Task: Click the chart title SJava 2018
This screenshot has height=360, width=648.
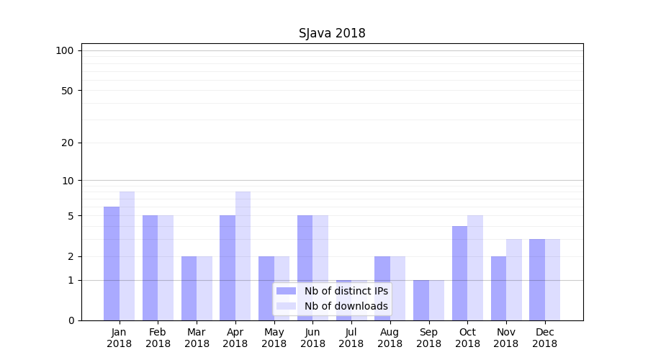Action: coord(332,34)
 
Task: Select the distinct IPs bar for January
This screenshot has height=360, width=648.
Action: coord(112,264)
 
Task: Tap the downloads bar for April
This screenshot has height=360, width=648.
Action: coord(243,256)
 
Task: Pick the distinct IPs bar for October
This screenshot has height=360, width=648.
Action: coord(459,273)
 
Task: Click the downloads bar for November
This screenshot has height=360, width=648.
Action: coord(514,279)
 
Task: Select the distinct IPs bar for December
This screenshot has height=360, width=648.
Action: coord(537,279)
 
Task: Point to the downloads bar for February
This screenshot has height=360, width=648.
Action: coord(166,268)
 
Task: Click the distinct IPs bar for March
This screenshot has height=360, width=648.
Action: coord(189,288)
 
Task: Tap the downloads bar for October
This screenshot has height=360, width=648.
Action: coord(475,268)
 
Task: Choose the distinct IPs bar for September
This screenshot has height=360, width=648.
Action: coord(421,300)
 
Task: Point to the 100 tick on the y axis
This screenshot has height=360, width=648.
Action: coord(65,50)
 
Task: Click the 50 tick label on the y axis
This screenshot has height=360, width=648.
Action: coord(68,91)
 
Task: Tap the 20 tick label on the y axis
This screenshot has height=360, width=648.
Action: coord(68,143)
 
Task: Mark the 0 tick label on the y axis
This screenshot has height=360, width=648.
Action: coord(71,320)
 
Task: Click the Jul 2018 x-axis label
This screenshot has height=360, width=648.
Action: coord(351,338)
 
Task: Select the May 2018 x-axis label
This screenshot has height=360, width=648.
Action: coord(274,338)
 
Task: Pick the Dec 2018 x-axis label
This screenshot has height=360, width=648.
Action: coord(544,338)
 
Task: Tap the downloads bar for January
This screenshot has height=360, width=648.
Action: coord(127,256)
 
